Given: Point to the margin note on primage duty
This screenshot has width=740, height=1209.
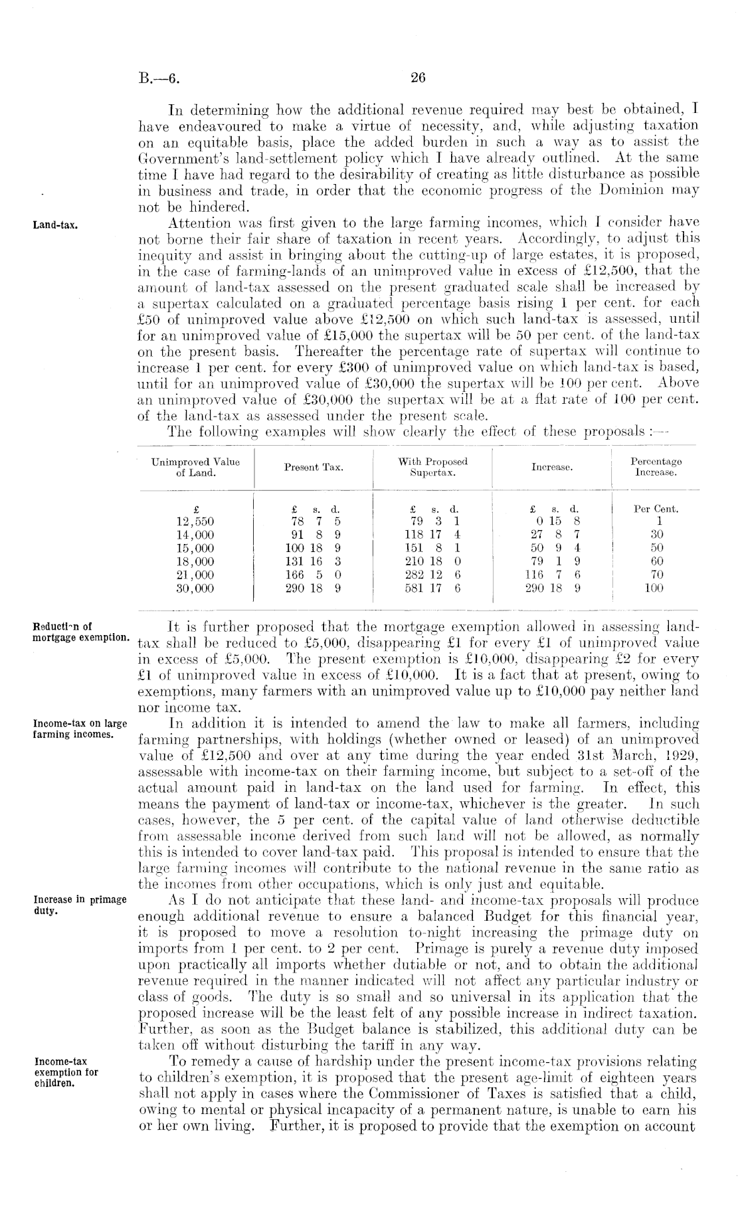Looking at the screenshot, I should pyautogui.click(x=80, y=905).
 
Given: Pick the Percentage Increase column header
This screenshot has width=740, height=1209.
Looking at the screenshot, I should pyautogui.click(x=655, y=467).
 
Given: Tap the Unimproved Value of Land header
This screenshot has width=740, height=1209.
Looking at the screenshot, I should pyautogui.click(x=195, y=467).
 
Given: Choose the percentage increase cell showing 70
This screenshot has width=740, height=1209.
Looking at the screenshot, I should pyautogui.click(x=655, y=575).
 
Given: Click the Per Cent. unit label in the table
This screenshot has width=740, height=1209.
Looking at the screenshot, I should pyautogui.click(x=656, y=510).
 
